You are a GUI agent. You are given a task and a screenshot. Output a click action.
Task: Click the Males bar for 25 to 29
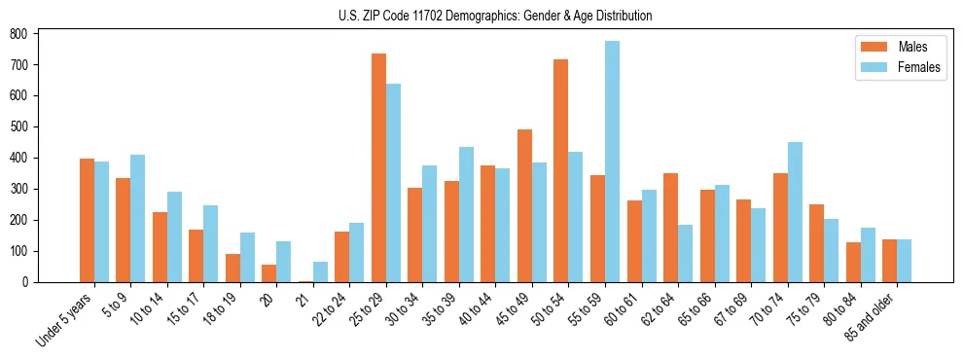378,167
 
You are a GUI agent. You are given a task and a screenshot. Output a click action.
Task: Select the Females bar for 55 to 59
612,162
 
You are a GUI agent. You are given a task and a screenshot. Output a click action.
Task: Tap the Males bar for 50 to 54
561,170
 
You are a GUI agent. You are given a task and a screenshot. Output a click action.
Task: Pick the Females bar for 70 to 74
795,212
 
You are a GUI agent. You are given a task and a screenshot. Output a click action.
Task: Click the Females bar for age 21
320,271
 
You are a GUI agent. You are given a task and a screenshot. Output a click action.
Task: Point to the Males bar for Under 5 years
87,220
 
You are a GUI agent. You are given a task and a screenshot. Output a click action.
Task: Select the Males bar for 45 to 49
524,205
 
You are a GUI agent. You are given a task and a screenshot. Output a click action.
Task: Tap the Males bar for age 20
268,273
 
